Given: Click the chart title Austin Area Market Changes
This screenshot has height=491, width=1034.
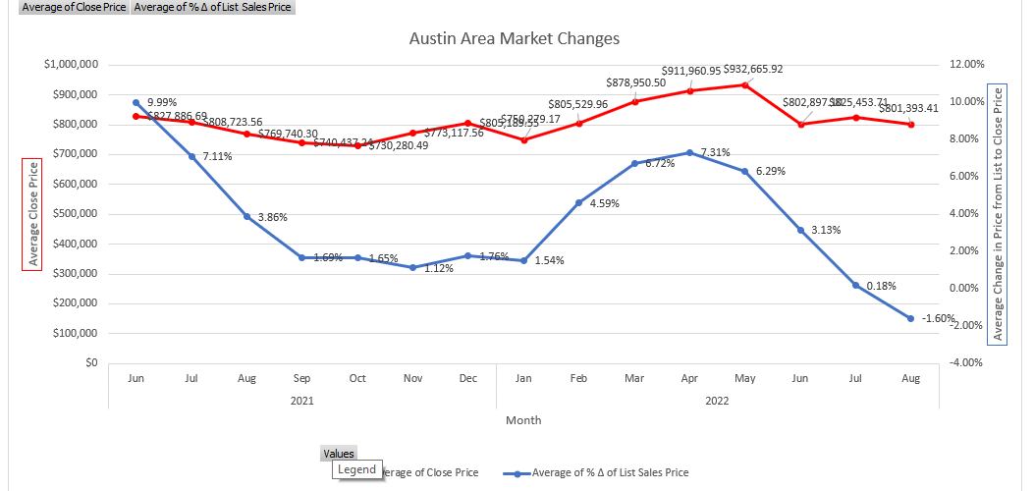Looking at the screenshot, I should pos(514,39).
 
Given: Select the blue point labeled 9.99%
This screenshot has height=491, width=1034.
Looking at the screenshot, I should pos(136,102).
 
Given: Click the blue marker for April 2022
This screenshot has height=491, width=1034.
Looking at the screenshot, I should pos(690,152).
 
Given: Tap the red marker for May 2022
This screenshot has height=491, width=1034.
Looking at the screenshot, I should pos(745,84).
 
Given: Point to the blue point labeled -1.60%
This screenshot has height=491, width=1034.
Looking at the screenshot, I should pos(911,318).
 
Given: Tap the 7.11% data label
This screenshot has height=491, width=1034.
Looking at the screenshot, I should pos(216,156).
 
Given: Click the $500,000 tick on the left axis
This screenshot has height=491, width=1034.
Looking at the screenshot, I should pos(72,214).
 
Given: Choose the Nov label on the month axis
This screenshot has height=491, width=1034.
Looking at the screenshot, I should pos(412,377).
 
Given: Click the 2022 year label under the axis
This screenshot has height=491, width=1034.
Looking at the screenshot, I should pos(717,400).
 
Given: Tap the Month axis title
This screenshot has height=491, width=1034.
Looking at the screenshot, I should pos(523,420).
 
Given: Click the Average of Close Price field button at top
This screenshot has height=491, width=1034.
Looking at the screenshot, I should pos(67,7).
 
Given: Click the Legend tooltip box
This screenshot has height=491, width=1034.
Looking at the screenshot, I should pos(356,469).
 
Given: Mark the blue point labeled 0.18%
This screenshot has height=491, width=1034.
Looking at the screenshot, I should pos(856,285).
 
